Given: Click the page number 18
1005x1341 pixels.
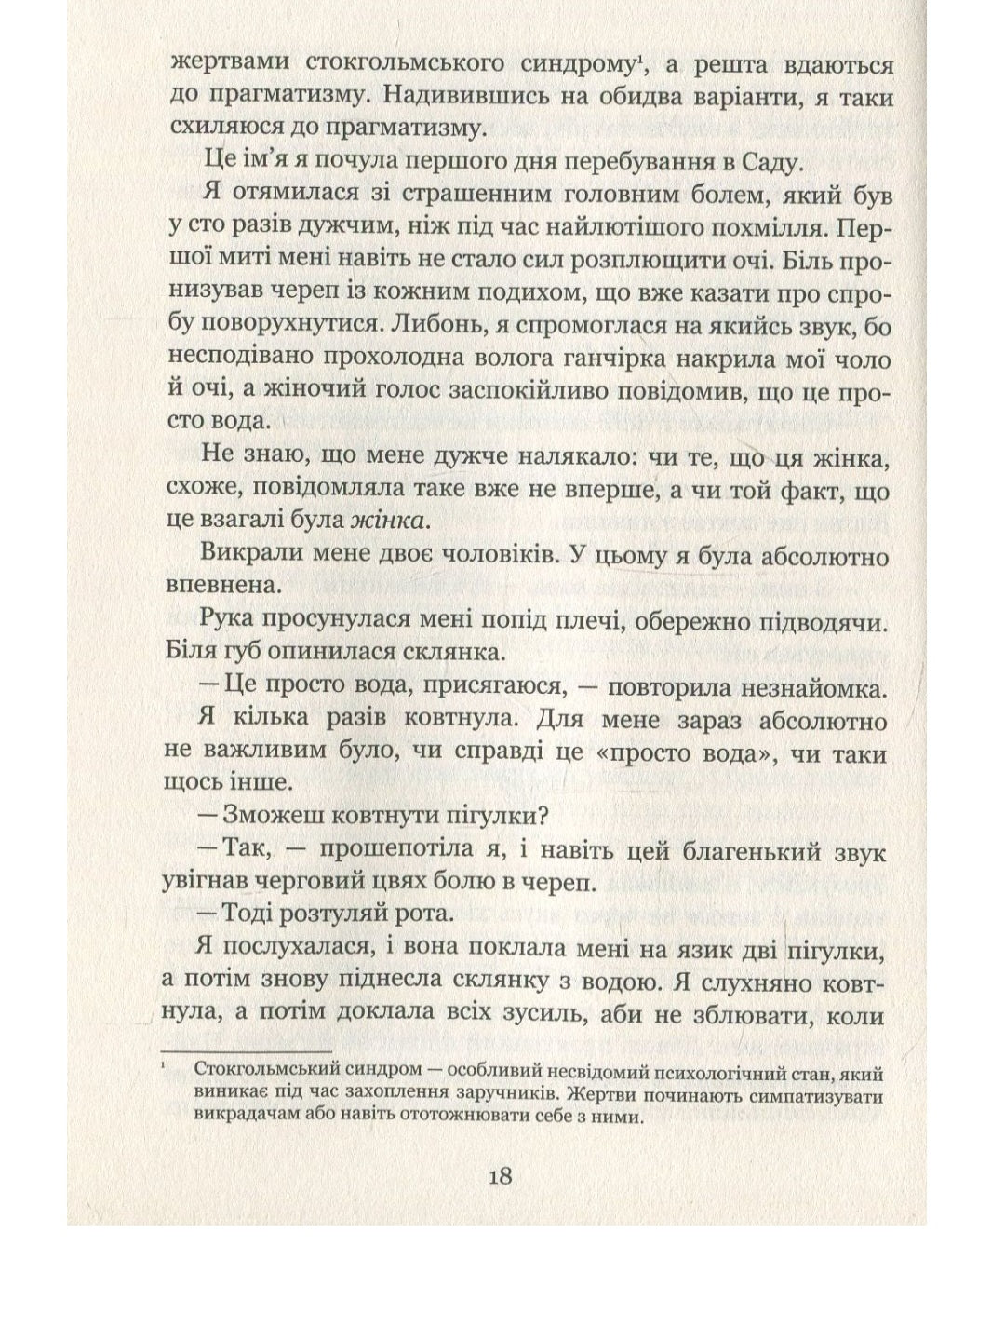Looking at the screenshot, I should pyautogui.click(x=500, y=1174).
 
